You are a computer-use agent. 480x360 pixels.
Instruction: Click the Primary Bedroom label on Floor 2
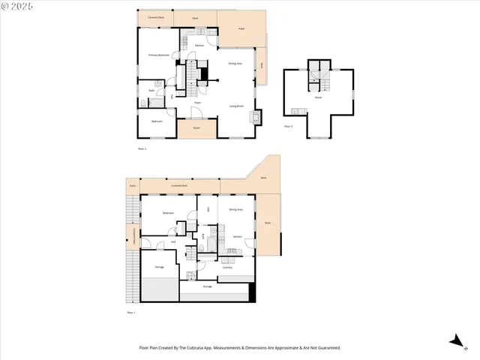coord(158,55)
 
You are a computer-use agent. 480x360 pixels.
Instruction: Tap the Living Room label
coord(235,106)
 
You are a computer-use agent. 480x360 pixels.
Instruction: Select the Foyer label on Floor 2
coord(197,102)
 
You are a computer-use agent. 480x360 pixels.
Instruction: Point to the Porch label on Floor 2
coord(196,128)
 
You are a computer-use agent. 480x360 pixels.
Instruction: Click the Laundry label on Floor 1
coord(227,267)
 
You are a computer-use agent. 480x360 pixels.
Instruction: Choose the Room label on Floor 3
coord(318,97)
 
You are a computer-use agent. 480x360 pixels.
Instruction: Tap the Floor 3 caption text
coord(288,126)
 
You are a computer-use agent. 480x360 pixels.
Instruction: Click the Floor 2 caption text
coord(142,149)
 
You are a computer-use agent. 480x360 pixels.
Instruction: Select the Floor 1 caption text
coord(130,312)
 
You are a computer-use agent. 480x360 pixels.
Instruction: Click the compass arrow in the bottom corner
coord(454,341)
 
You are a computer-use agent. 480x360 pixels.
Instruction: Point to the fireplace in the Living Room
coord(258,116)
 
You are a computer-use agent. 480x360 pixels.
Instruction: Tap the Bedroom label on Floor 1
coord(169,213)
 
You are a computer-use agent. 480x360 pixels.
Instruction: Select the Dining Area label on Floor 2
coord(235,64)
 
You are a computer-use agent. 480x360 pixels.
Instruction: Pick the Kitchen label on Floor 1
coord(237,236)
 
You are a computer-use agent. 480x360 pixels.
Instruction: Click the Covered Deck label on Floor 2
coord(156,16)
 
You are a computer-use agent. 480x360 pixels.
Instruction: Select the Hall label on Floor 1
coord(172,241)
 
